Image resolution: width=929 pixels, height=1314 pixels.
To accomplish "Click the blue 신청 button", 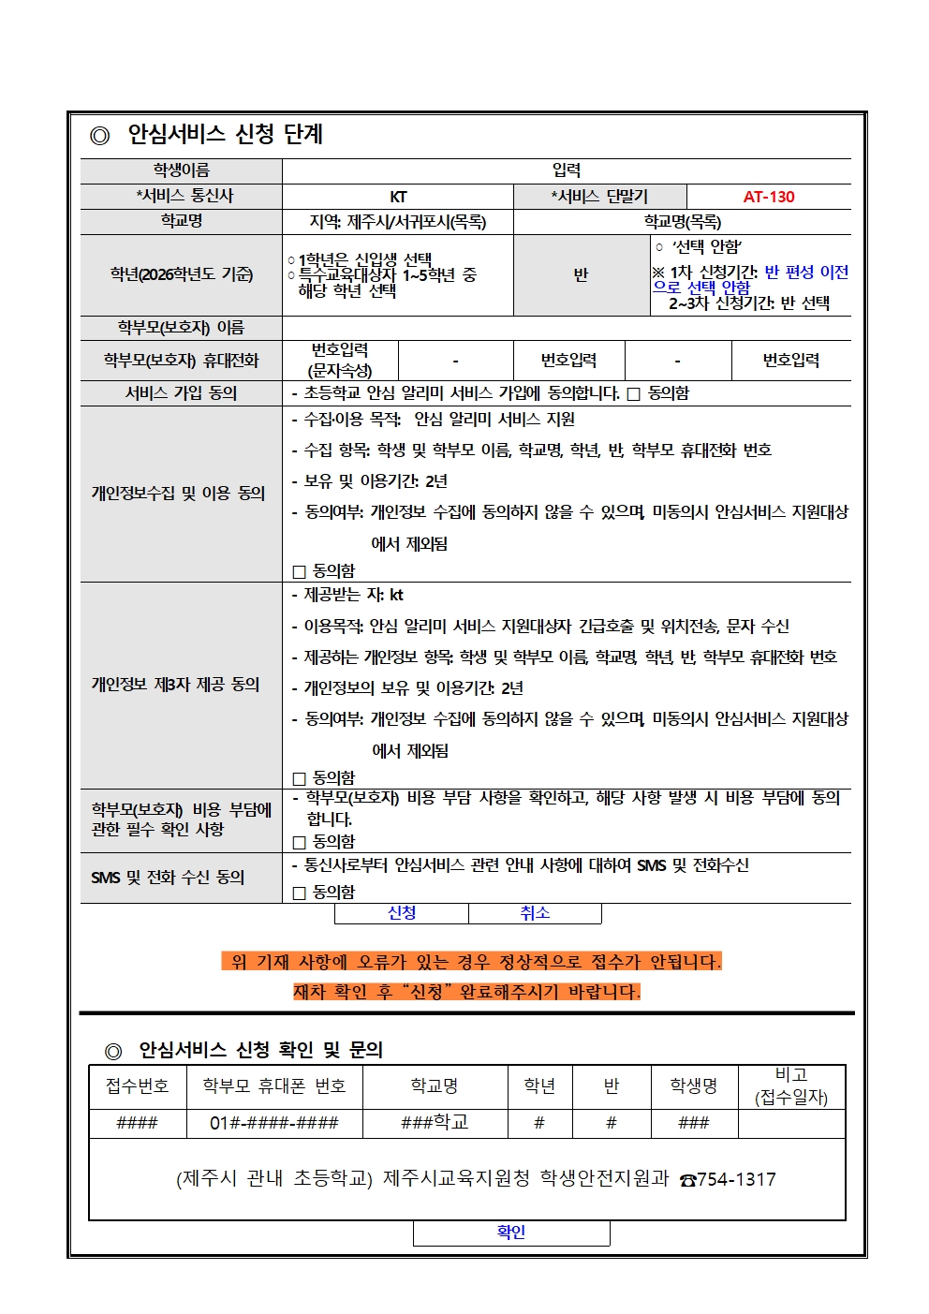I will [x=402, y=913].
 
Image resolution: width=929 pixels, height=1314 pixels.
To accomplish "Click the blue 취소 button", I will [x=535, y=913].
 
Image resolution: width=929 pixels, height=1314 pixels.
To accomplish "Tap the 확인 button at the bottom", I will [x=511, y=1233].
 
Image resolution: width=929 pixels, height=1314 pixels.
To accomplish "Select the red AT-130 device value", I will [x=769, y=197].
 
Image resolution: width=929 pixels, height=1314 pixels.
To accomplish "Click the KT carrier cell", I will [x=398, y=197].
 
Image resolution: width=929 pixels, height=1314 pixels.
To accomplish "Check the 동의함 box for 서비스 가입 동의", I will [x=634, y=394].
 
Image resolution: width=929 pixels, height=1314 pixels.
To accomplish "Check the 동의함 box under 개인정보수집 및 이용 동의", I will [x=300, y=571].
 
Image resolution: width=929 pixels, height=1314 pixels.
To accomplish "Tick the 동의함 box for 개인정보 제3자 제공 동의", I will [x=300, y=778].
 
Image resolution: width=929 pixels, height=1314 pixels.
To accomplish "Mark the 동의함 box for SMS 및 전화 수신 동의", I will [x=300, y=893].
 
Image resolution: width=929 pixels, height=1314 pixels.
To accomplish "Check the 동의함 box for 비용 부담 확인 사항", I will [x=300, y=842].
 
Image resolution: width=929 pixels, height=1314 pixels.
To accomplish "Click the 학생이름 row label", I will [x=182, y=170].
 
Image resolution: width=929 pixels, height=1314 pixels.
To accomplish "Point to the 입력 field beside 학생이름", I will [x=567, y=170].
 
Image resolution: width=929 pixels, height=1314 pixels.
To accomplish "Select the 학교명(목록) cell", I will [x=682, y=222].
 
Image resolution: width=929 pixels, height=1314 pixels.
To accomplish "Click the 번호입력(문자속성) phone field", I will [x=340, y=361].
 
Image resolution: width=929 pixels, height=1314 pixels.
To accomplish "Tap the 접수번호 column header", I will [x=137, y=1086].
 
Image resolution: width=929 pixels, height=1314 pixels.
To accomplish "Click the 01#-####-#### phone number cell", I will [x=274, y=1123].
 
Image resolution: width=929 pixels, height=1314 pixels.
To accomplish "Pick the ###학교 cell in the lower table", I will [x=435, y=1123].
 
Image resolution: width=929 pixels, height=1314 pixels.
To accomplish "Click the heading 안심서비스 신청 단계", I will [x=225, y=135].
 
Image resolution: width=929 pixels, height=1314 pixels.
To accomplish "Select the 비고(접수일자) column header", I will [x=791, y=1086].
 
